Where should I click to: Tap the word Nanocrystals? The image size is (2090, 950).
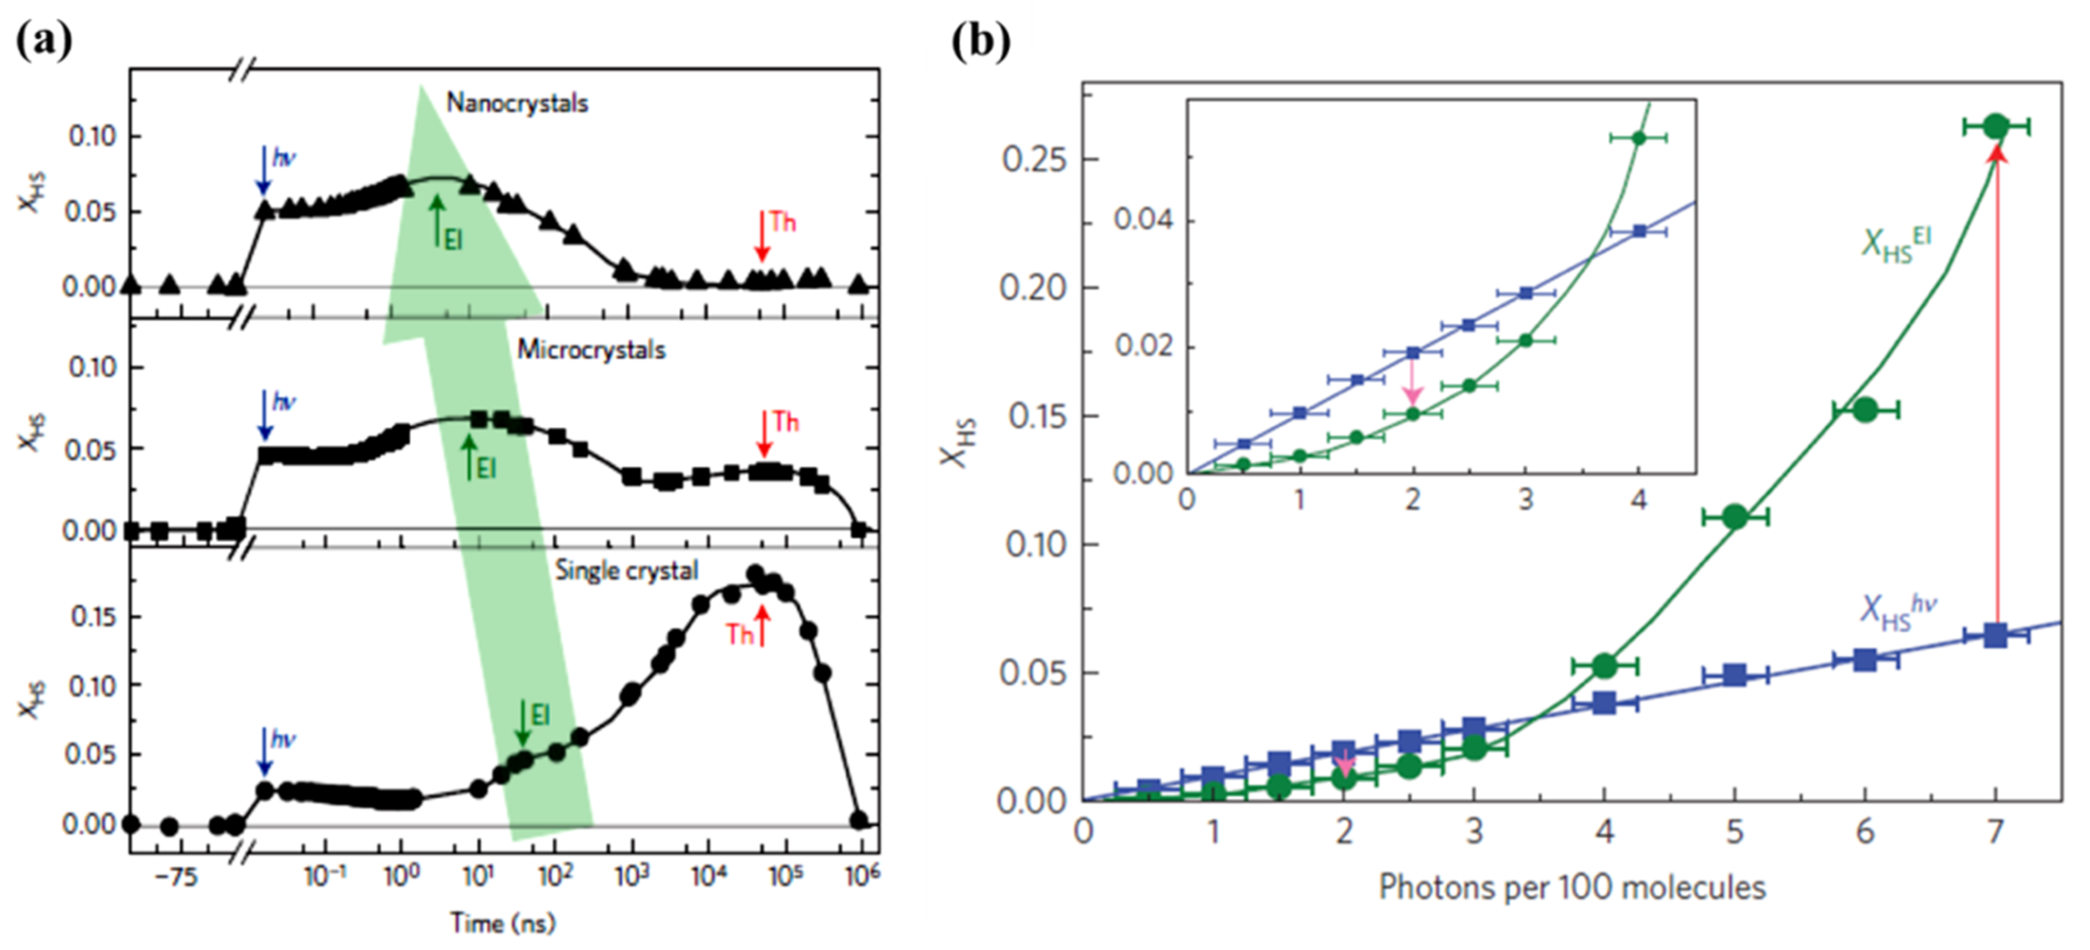(517, 104)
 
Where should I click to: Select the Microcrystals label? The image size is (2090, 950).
(591, 350)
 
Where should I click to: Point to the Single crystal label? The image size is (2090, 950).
(625, 570)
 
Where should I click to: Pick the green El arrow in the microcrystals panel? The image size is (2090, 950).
(468, 456)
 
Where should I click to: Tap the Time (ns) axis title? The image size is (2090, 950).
(502, 923)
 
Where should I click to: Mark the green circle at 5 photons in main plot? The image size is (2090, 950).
(1734, 516)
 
